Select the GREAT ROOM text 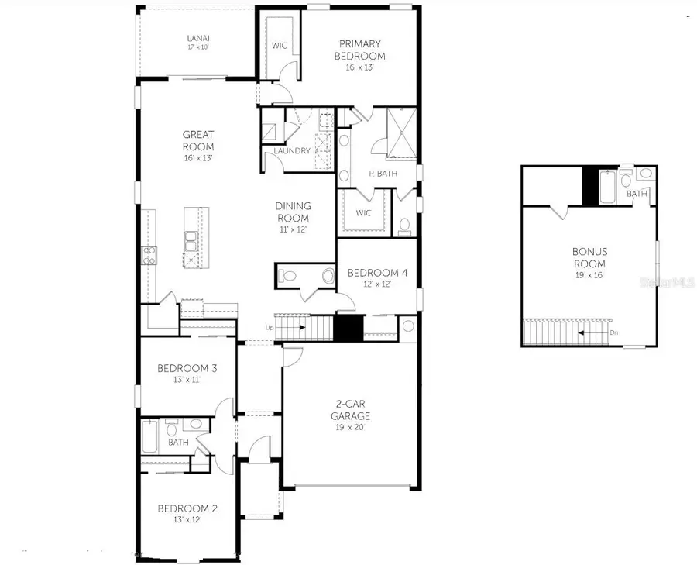[197, 140]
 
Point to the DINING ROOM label [294, 212]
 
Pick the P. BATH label [383, 174]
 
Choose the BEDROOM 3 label [187, 368]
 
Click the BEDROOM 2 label [187, 508]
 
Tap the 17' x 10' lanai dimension [197, 47]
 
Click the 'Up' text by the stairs [269, 327]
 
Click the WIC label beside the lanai [280, 46]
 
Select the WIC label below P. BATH [364, 213]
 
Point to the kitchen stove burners [147, 255]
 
